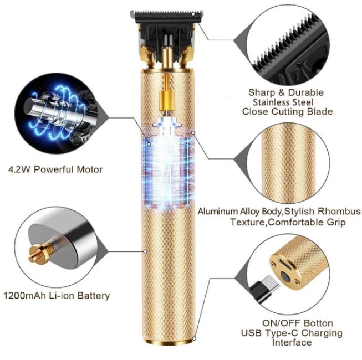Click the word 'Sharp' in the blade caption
[261, 92]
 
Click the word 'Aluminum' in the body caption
[219, 212]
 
